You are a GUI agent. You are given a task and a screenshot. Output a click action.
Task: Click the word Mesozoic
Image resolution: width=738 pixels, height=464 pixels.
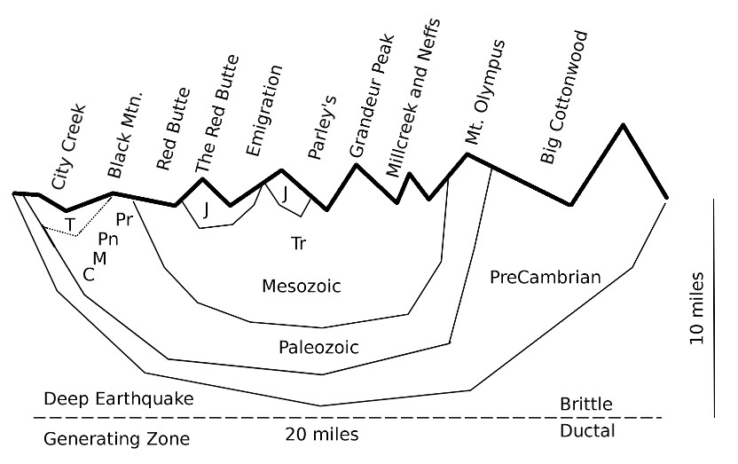[302, 286]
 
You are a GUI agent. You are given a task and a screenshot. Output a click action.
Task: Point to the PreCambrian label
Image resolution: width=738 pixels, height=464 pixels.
[546, 278]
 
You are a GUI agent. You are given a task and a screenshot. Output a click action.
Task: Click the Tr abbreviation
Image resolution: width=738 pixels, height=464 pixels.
[298, 242]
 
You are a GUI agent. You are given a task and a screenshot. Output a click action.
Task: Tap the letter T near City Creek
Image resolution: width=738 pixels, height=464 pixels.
[70, 222]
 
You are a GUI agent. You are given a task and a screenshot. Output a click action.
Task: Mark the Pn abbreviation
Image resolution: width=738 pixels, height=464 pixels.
[108, 238]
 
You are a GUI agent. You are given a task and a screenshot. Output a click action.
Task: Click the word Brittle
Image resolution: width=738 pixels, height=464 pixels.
[585, 405]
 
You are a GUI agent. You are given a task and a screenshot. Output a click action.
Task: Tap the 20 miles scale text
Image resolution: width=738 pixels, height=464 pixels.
[322, 434]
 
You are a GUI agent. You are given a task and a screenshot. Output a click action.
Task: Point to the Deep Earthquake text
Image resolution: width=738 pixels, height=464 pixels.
[118, 399]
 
